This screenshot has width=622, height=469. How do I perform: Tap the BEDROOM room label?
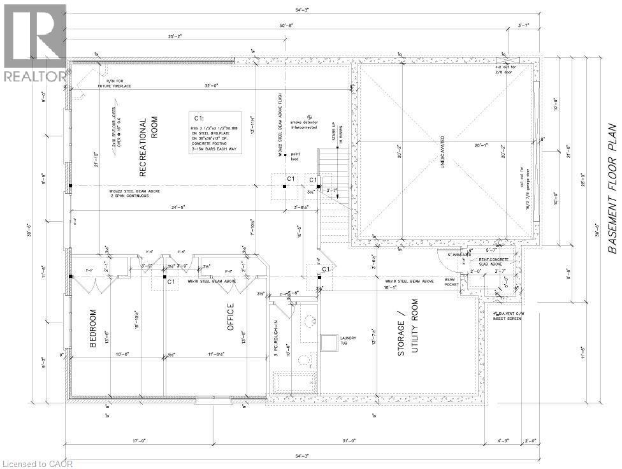93,328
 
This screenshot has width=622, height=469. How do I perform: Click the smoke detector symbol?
308,117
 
